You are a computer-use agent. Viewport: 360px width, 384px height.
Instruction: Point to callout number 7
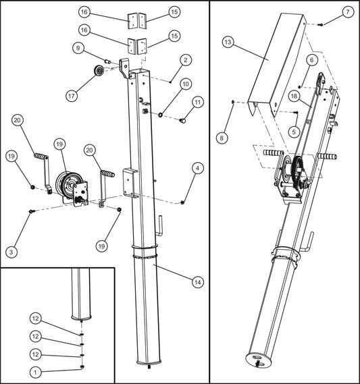[348, 12]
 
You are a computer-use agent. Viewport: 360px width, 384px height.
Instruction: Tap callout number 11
[198, 102]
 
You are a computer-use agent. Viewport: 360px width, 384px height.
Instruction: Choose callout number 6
[311, 60]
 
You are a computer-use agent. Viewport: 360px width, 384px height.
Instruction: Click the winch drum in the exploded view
[68, 184]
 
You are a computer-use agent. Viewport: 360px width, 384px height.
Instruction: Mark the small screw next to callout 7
[320, 24]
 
